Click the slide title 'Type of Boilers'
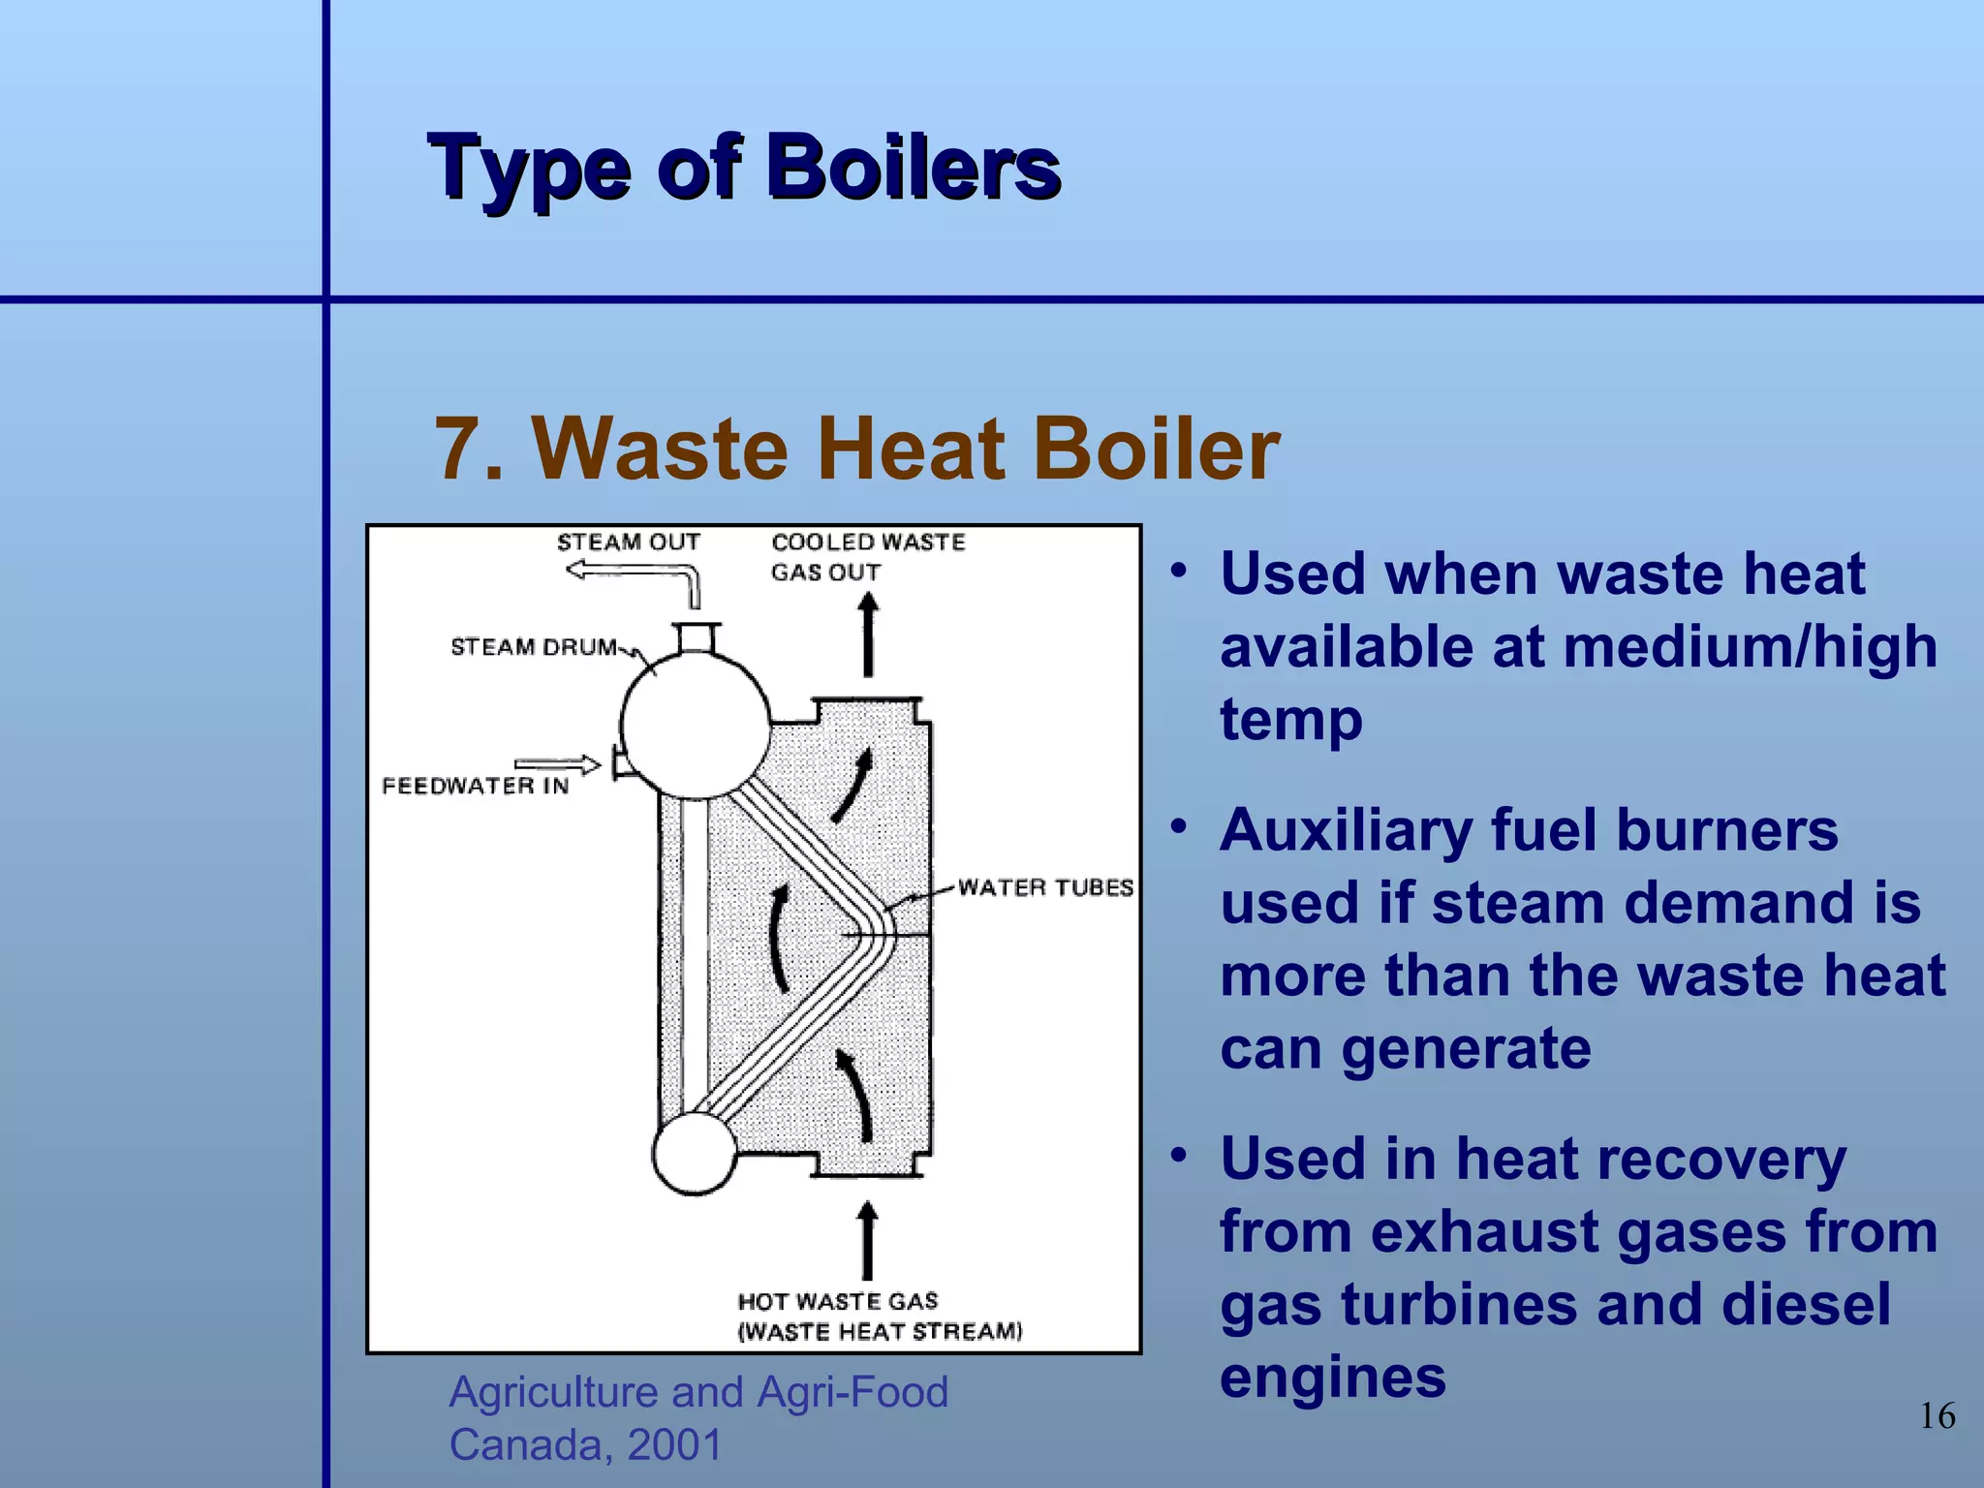click(x=744, y=169)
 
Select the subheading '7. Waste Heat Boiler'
click(x=856, y=449)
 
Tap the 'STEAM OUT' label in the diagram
click(x=628, y=542)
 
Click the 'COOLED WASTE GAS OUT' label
click(x=867, y=557)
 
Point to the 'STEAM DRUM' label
click(x=534, y=647)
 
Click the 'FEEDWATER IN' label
click(x=475, y=786)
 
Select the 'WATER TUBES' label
click(x=1045, y=887)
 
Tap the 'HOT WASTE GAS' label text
click(x=838, y=1301)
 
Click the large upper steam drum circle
click(x=695, y=725)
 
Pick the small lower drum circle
click(x=694, y=1153)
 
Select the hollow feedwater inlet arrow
click(x=557, y=765)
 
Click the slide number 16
click(x=1937, y=1416)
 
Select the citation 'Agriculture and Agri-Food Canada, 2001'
click(x=697, y=1417)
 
